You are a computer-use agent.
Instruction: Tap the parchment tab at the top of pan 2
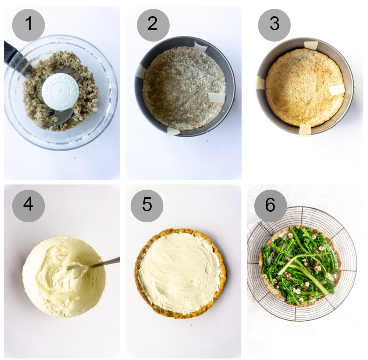pos(201,47)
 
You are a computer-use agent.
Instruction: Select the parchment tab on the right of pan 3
pos(337,89)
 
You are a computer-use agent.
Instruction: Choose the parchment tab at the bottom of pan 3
pos(304,130)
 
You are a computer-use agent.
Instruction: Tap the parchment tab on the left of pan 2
pos(141,71)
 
